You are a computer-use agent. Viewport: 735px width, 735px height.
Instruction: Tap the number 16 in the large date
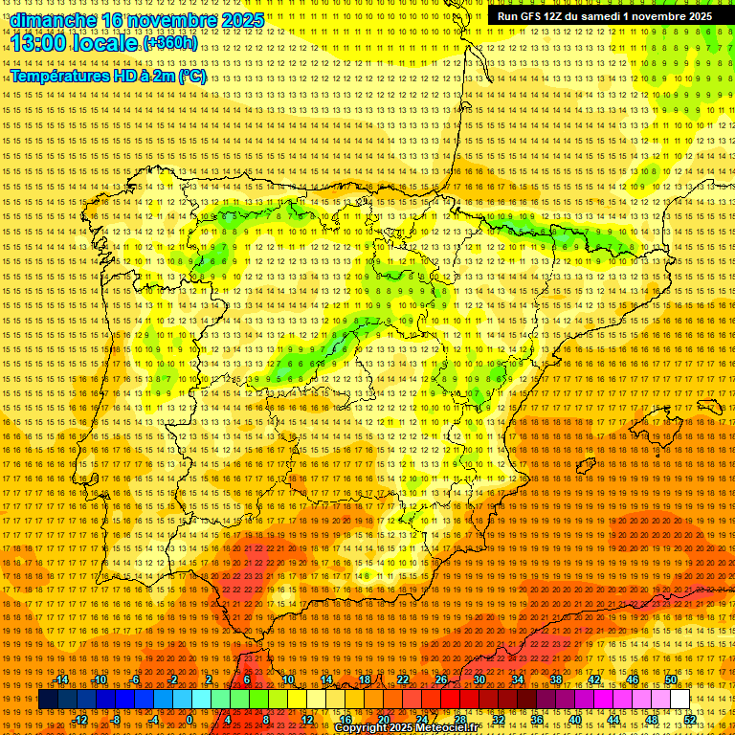115,19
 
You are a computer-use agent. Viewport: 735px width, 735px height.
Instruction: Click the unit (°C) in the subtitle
192,76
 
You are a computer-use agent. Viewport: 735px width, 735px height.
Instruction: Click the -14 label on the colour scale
62,679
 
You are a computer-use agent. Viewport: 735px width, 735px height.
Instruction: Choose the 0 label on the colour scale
190,719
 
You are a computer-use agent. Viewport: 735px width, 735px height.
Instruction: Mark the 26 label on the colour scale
441,679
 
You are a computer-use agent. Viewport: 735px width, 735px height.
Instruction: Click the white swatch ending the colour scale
679,700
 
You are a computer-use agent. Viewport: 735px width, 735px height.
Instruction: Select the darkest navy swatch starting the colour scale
48,700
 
